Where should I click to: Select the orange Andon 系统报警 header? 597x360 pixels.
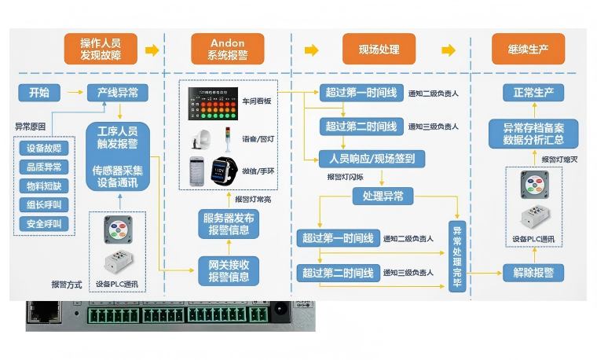[x=228, y=50]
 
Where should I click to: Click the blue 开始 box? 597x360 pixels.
[x=39, y=93]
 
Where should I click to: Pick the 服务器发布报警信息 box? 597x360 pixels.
[x=229, y=224]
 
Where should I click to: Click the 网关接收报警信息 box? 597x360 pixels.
[x=229, y=270]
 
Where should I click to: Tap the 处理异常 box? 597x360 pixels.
[x=378, y=196]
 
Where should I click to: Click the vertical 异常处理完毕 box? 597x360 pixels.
[x=457, y=255]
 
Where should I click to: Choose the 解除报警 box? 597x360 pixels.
[x=533, y=273]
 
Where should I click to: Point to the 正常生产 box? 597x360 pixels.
[x=533, y=93]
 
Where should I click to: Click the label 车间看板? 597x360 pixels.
[x=257, y=101]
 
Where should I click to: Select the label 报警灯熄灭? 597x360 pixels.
[x=559, y=160]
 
